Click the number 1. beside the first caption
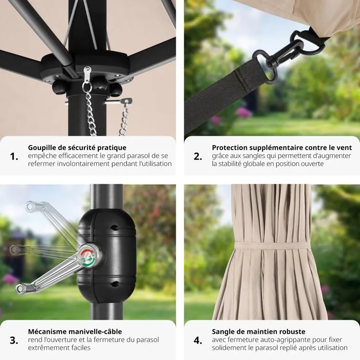(x=14, y=156)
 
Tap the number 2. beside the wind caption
(x=197, y=156)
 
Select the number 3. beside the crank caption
(x=14, y=340)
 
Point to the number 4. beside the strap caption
(x=197, y=340)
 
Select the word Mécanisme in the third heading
(x=47, y=332)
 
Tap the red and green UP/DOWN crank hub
(x=88, y=257)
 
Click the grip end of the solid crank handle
(x=21, y=289)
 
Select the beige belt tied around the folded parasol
(x=272, y=245)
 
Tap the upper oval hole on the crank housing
(x=114, y=228)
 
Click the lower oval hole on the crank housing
(x=114, y=284)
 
